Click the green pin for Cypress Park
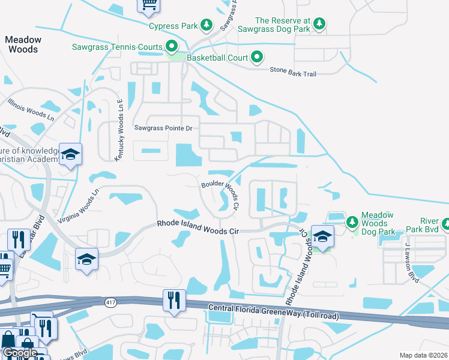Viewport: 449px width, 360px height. point(206,25)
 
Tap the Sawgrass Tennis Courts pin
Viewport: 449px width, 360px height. point(172,46)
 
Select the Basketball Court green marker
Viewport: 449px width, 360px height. point(257,58)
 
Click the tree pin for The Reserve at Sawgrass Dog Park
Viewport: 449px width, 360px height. point(321,23)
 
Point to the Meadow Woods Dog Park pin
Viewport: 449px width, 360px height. point(352,223)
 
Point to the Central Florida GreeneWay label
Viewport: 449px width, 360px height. point(273,312)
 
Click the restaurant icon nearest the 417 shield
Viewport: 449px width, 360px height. point(174,299)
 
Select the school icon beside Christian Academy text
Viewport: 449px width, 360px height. point(70,155)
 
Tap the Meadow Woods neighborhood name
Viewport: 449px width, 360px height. point(23,44)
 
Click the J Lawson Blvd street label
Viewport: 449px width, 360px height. point(411,262)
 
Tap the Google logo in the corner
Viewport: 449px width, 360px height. point(19,352)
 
